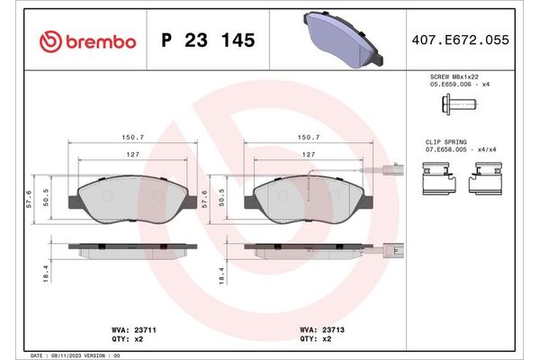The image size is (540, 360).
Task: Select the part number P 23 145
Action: pos(207,41)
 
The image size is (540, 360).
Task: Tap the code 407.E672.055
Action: pos(468,41)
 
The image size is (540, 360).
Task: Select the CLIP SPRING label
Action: pos(447,143)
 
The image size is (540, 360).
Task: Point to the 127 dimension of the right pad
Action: pos(308,156)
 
